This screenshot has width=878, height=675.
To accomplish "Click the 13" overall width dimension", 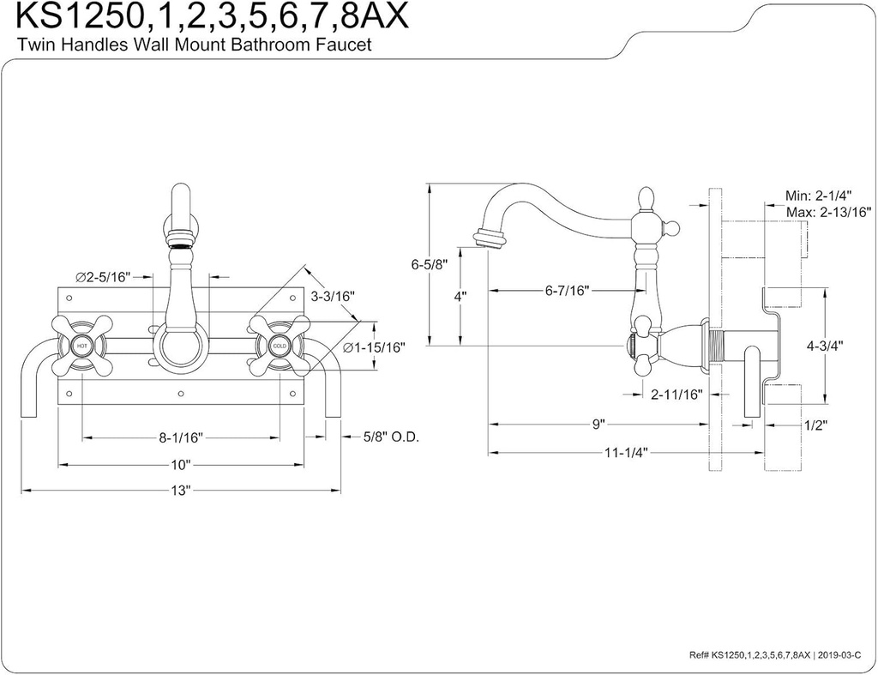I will (180, 491).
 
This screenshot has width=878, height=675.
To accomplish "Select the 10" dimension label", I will (180, 464).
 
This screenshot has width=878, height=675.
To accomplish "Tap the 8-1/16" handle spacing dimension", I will (180, 437).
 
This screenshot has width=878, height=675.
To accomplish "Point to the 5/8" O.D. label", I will (389, 437).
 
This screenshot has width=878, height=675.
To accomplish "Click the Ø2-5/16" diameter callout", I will (102, 277).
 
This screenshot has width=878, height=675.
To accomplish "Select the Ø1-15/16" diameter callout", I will (373, 347).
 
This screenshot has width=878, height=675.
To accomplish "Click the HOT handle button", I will (82, 346).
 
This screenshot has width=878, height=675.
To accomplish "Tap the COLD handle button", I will (279, 346).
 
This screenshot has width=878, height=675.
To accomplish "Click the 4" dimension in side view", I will (460, 296).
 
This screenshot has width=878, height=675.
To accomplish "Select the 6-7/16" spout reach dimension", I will (567, 291).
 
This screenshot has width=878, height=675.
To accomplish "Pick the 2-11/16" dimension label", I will (676, 395).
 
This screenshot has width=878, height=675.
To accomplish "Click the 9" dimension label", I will (598, 424).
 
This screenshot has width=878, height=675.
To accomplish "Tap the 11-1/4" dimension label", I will (623, 452).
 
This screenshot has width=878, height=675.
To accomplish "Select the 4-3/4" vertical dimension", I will (825, 346).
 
